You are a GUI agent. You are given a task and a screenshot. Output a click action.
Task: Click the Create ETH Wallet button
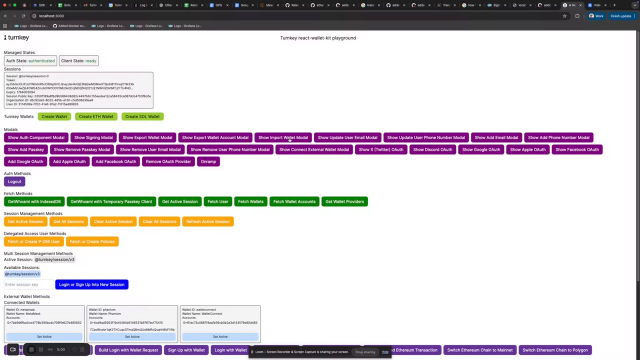pyautogui.click(x=96, y=116)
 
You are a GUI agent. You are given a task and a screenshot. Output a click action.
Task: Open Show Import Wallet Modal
pyautogui.click(x=283, y=137)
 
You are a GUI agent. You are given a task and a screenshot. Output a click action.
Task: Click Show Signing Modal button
pyautogui.click(x=93, y=137)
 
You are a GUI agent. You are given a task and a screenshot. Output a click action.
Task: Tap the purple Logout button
pyautogui.click(x=14, y=181)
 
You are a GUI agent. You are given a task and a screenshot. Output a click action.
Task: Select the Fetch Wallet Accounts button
pyautogui.click(x=294, y=201)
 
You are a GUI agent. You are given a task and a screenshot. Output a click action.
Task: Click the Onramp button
pyautogui.click(x=208, y=161)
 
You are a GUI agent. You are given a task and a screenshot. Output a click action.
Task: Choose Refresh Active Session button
pyautogui.click(x=207, y=221)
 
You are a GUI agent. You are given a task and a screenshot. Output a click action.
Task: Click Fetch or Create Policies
pyautogui.click(x=92, y=241)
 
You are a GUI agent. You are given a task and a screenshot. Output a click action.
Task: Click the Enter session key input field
pyautogui.click(x=28, y=284)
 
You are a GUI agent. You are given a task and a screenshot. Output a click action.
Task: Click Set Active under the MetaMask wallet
pyautogui.click(x=44, y=336)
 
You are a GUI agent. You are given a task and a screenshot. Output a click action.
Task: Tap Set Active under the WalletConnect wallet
pyautogui.click(x=220, y=336)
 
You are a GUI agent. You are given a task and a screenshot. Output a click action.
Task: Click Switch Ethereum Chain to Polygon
pyautogui.click(x=555, y=350)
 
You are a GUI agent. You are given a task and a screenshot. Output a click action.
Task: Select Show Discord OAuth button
pyautogui.click(x=432, y=149)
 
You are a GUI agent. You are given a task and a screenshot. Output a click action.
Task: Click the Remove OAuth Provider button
pyautogui.click(x=168, y=161)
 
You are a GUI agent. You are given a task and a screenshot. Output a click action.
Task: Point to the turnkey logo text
pyautogui.click(x=16, y=37)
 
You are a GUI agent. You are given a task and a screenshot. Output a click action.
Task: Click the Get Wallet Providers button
pyautogui.click(x=344, y=201)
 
